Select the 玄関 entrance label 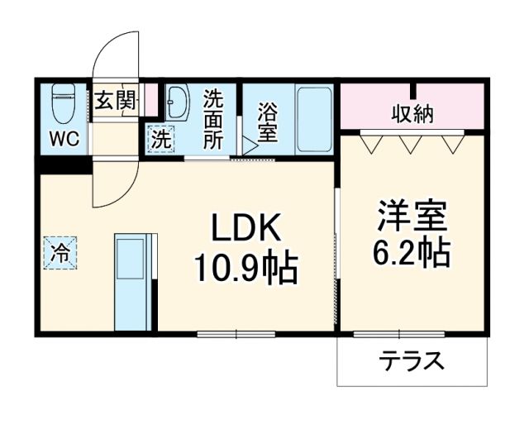(113, 102)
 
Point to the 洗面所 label (213, 117)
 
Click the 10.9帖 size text (245, 266)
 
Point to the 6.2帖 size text (412, 253)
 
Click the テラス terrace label (411, 362)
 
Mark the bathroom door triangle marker (249, 146)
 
